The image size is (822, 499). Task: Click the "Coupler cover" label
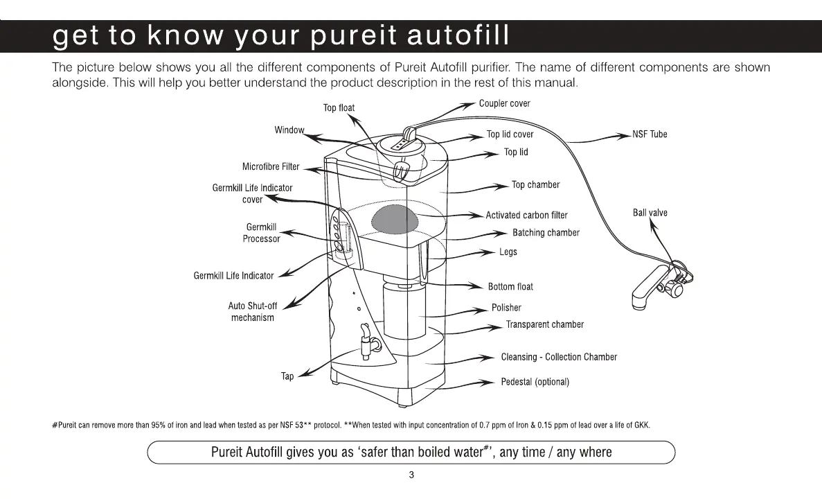pyautogui.click(x=504, y=104)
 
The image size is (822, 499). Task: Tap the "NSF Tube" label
pyautogui.click(x=650, y=134)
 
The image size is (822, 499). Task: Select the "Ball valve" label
pyautogui.click(x=650, y=213)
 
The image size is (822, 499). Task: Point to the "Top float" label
pyautogui.click(x=339, y=108)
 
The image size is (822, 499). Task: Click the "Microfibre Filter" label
pyautogui.click(x=271, y=166)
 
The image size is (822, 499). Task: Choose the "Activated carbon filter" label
pyautogui.click(x=526, y=216)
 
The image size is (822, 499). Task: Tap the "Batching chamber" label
pyautogui.click(x=546, y=233)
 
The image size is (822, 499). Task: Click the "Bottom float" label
pyautogui.click(x=510, y=287)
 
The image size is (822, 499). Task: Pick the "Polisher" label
pyautogui.click(x=506, y=308)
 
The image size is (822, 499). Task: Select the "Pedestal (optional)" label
pyautogui.click(x=535, y=383)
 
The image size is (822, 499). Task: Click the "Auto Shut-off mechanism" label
pyautogui.click(x=252, y=311)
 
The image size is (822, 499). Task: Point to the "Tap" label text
pyautogui.click(x=287, y=376)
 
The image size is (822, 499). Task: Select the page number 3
pyautogui.click(x=411, y=475)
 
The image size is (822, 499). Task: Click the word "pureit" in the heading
pyautogui.click(x=352, y=36)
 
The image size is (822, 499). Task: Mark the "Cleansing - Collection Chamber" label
pyautogui.click(x=558, y=358)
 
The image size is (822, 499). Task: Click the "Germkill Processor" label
pyautogui.click(x=261, y=233)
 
